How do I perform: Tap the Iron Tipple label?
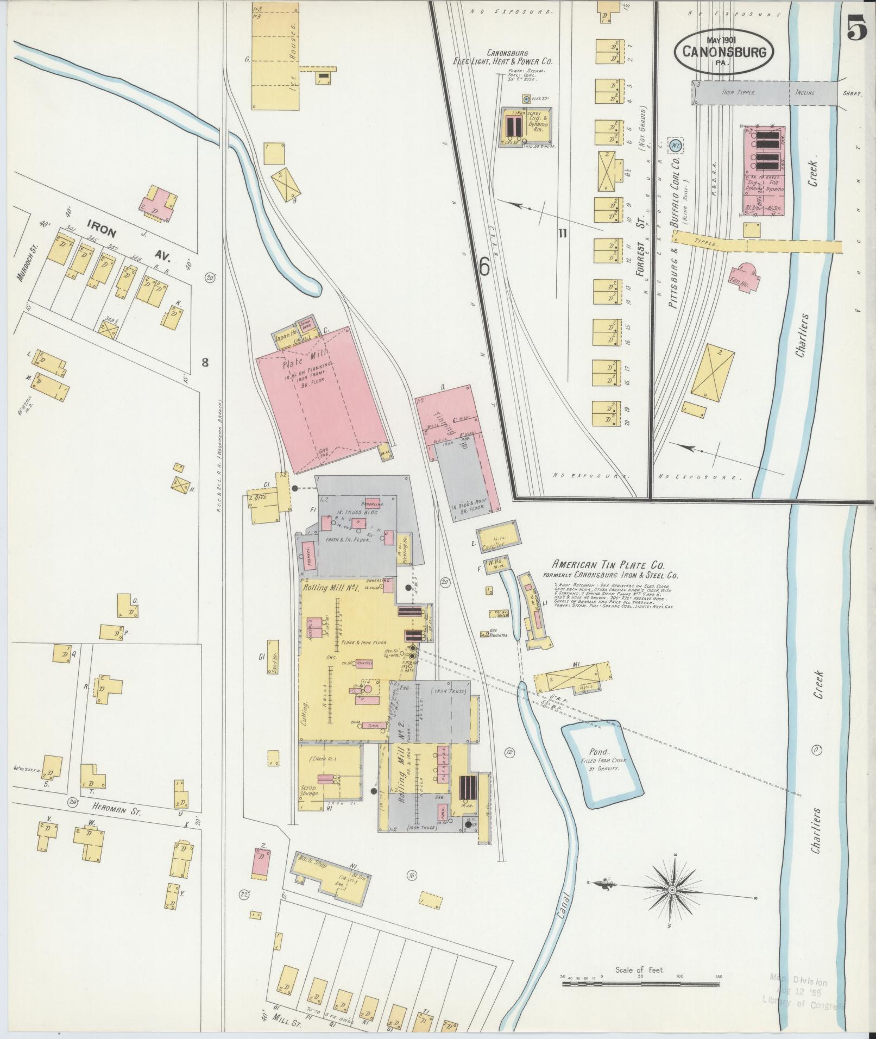coord(736,92)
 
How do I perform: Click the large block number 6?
coord(484,266)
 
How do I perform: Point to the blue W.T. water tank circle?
coord(675,145)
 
